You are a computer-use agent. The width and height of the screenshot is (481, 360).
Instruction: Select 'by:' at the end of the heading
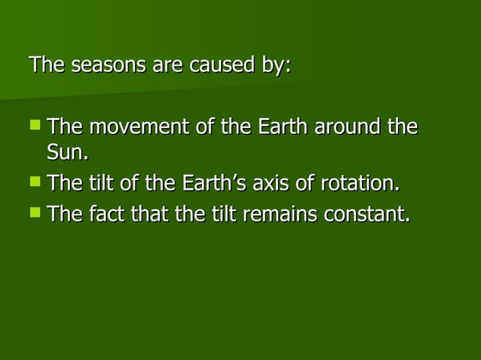pos(275,66)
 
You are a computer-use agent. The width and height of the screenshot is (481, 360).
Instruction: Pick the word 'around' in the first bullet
pos(348,127)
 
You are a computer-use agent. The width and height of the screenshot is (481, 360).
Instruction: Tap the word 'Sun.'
pos(68,154)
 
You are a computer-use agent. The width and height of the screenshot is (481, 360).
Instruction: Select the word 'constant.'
pos(367,215)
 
